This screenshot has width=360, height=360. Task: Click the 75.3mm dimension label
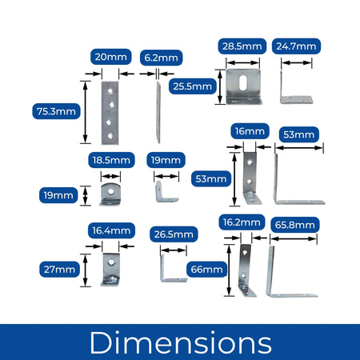click(x=56, y=111)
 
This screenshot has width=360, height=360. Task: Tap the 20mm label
click(x=111, y=57)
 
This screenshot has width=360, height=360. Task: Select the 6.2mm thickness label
click(x=162, y=58)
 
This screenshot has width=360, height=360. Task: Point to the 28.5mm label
click(x=242, y=46)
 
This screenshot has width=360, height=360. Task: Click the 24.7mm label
click(x=296, y=46)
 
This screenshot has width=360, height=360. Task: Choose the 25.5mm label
click(x=193, y=86)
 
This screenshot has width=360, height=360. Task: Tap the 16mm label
click(x=250, y=131)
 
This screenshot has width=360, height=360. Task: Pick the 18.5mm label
click(x=111, y=160)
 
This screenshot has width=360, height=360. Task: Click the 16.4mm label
click(x=111, y=230)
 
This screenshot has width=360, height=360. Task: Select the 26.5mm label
click(x=174, y=234)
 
